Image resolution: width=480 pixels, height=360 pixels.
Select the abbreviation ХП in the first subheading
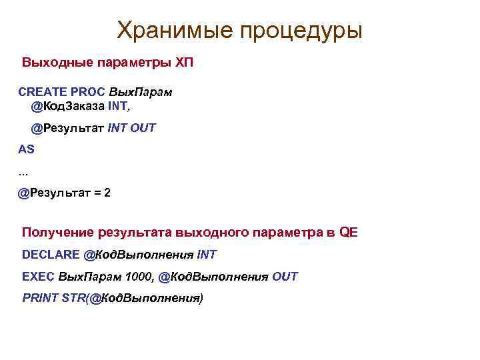point(184,63)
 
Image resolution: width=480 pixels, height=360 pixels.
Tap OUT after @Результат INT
point(143,128)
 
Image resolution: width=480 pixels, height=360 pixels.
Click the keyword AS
point(27,149)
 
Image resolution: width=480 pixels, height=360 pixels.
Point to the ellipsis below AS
point(23,174)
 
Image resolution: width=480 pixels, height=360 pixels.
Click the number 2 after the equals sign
point(107,193)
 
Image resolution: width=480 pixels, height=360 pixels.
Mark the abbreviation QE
point(349,233)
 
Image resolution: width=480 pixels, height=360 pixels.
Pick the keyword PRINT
point(39,297)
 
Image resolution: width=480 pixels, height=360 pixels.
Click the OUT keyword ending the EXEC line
point(285,276)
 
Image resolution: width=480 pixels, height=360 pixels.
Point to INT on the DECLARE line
point(207,255)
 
